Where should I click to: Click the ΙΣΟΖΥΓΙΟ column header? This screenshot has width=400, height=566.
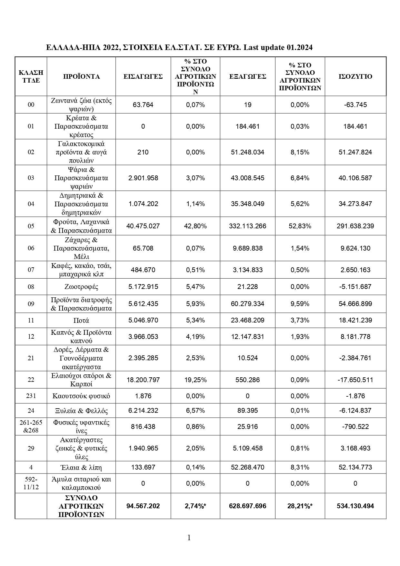[x=355, y=76]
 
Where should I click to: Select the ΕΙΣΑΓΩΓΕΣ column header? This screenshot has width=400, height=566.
[x=143, y=76]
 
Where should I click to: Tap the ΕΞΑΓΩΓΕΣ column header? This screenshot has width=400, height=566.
[x=247, y=76]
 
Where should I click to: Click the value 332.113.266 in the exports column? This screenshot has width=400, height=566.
[x=247, y=226]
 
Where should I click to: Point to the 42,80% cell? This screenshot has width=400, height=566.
[x=195, y=226]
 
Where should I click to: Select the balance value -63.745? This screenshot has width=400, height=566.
[x=355, y=104]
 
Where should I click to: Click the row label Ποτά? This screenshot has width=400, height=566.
[x=81, y=320]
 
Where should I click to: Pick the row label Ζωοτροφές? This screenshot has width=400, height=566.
[x=81, y=287]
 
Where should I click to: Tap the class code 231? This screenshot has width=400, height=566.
[x=31, y=396]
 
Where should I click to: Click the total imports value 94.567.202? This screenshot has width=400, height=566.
[x=143, y=506]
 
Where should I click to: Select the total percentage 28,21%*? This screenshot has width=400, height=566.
[x=300, y=506]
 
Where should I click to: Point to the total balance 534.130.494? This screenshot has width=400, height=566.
[x=355, y=506]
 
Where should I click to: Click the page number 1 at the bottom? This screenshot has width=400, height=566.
[x=189, y=538]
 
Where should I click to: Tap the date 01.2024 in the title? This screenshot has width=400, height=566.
[x=299, y=48]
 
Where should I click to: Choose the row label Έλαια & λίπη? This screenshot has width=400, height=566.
[x=81, y=467]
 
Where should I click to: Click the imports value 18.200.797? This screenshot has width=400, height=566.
[x=143, y=380]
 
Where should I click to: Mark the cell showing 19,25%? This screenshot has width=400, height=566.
[x=195, y=380]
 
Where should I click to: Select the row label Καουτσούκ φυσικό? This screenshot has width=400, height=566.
[x=81, y=396]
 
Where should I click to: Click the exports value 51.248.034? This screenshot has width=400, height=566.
[x=247, y=152]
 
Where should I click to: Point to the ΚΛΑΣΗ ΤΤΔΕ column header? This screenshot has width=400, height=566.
[x=31, y=76]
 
